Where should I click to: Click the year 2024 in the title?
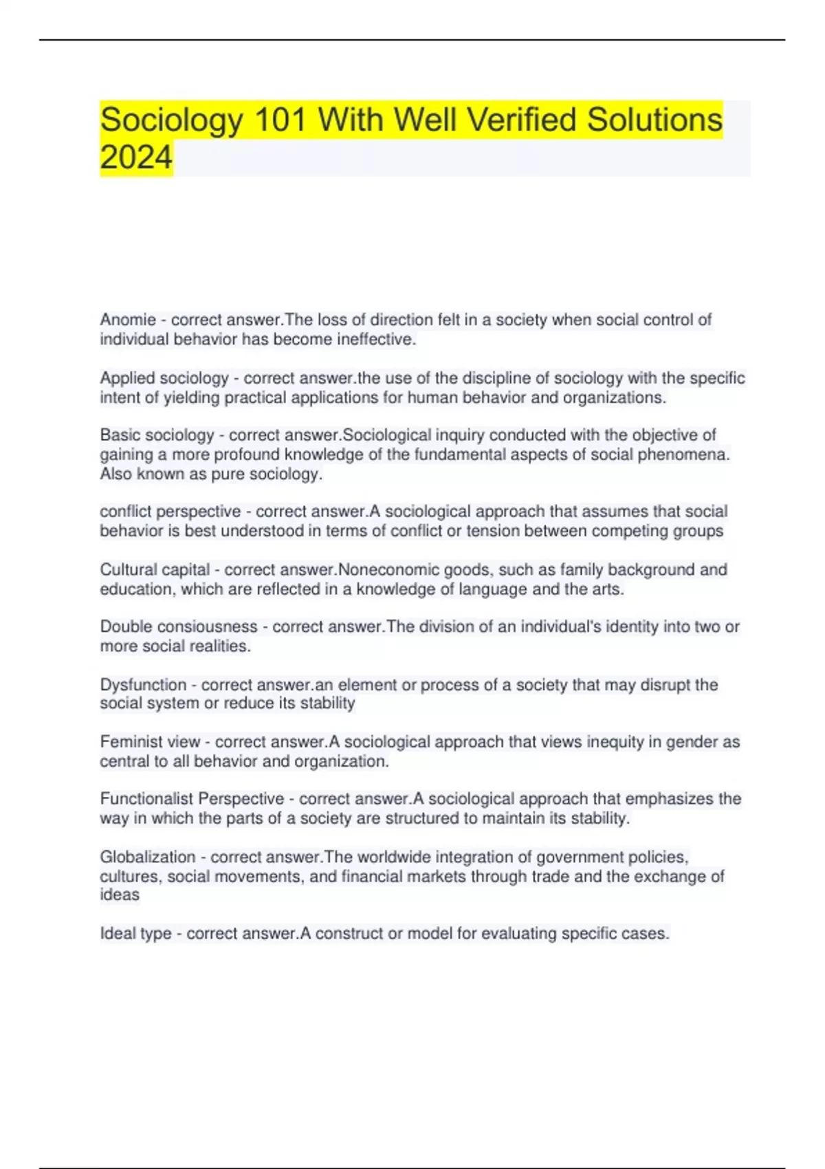coord(136,157)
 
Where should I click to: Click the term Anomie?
coord(128,320)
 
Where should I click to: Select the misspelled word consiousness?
coord(208,626)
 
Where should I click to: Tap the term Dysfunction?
coord(143,685)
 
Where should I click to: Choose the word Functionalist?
coord(147,799)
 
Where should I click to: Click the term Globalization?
coord(148,857)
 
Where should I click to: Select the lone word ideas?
coord(120,895)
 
